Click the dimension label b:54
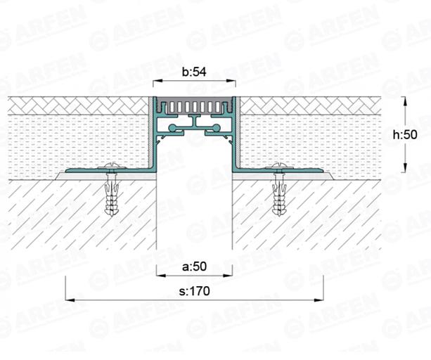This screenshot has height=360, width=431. click(194, 72)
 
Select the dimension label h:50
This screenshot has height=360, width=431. click(405, 135)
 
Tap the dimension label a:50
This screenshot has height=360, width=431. click(194, 266)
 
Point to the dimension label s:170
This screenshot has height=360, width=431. click(194, 291)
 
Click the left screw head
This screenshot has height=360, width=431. click(111, 166)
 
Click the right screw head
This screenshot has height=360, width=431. click(279, 166)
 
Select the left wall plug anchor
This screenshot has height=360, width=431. click(111, 194)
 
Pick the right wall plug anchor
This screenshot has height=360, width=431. click(279, 194)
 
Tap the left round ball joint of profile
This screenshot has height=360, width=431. click(173, 128)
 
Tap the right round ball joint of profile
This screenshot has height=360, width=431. click(217, 128)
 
